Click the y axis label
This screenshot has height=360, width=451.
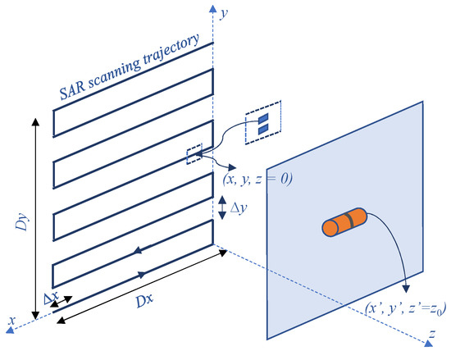point(224,14)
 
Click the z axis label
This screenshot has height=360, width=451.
point(431,335)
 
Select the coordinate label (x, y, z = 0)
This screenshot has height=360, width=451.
point(257,175)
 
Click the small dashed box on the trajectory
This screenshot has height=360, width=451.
point(194,154)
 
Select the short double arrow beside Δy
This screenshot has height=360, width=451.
point(222,209)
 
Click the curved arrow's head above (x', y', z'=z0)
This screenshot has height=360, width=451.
point(405,287)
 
